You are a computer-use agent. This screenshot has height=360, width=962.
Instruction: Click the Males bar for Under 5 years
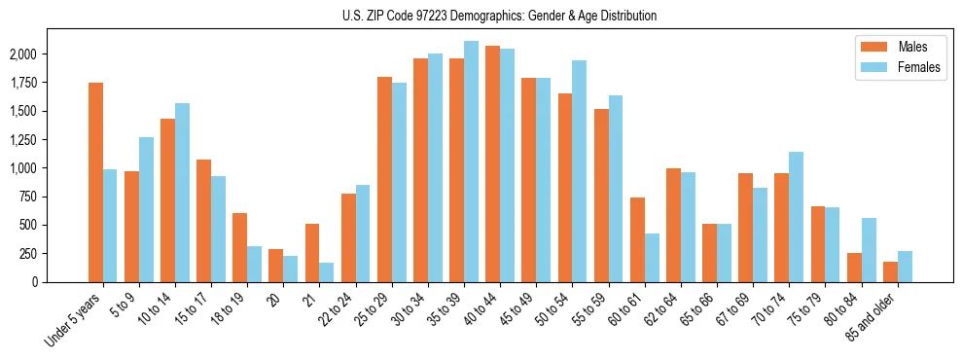(x=95, y=182)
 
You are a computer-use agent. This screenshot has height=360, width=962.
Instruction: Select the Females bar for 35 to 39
(x=471, y=162)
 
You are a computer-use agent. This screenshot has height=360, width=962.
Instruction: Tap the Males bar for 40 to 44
(x=492, y=163)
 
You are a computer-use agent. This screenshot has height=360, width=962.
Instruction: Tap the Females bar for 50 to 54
(x=579, y=171)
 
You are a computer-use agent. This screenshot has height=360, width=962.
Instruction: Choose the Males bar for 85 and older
(x=890, y=271)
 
